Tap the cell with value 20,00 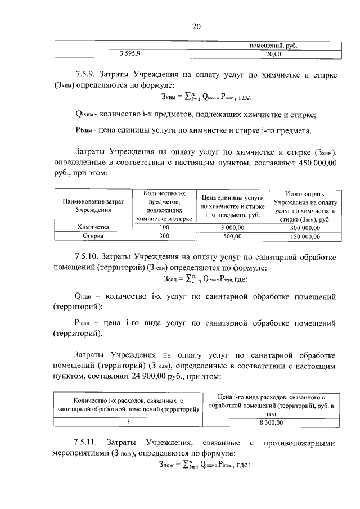point(273,54)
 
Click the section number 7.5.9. point(88,74)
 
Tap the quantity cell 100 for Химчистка point(164,227)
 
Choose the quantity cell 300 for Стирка point(164,236)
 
